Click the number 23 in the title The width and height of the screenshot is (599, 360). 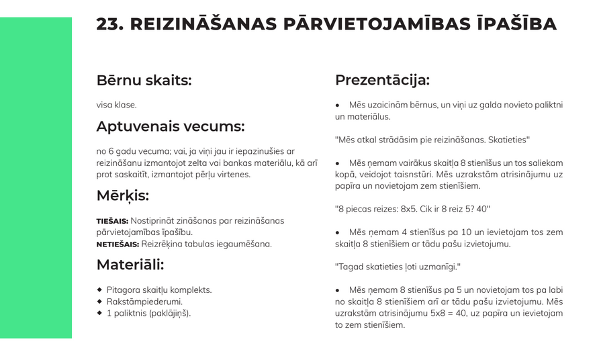109,24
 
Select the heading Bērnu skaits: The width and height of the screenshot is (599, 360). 144,81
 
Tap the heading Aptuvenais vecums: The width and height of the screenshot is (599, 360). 170,126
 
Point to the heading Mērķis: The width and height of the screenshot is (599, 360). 122,195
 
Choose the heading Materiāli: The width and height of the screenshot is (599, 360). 130,265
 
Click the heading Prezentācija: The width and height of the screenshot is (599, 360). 382,80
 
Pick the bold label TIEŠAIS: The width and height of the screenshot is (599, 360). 112,221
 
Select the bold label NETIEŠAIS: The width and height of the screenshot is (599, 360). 118,244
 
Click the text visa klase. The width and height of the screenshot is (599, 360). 116,105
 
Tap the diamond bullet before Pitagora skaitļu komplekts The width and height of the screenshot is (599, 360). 99,289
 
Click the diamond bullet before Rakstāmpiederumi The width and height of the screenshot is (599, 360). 99,301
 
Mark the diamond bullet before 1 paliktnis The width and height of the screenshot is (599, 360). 99,312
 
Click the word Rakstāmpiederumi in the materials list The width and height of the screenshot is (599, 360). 144,302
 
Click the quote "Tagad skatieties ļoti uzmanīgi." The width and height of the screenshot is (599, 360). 398,267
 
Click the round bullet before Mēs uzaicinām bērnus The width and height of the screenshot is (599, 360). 338,105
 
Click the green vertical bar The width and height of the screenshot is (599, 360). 36,178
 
